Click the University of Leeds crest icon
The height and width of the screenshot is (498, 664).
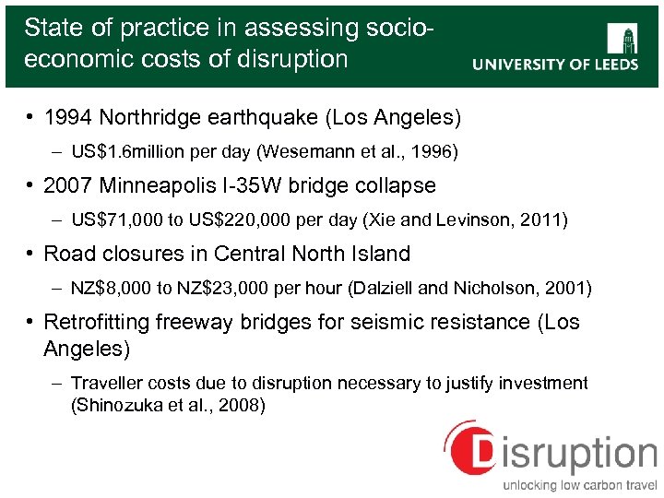click(x=624, y=38)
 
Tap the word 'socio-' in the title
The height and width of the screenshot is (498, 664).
click(x=399, y=28)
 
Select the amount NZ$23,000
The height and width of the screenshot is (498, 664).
click(x=227, y=288)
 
